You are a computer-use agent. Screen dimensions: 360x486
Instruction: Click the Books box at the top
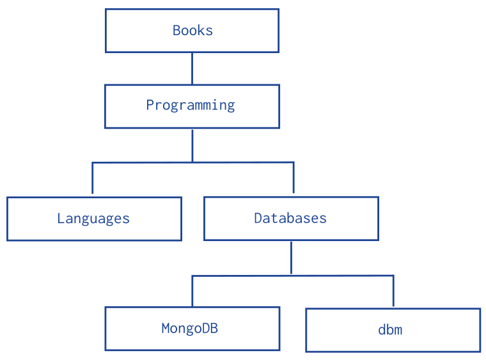(192, 30)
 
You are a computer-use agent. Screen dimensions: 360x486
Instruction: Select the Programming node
(192, 106)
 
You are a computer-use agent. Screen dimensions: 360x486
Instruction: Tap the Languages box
(94, 219)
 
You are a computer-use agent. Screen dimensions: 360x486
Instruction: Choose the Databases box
(291, 218)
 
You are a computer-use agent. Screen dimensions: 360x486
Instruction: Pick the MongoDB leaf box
(192, 329)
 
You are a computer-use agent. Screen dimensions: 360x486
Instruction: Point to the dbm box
(393, 330)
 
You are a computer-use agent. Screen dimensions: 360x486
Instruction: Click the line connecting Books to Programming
(192, 68)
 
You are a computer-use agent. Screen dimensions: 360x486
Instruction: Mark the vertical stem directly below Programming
(192, 145)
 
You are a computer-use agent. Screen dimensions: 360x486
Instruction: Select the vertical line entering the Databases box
(293, 178)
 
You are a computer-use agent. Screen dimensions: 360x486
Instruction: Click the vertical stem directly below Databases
(291, 257)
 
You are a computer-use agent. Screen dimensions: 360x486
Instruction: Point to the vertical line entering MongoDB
(192, 291)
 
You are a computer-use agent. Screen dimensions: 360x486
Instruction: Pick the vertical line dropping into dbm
(393, 292)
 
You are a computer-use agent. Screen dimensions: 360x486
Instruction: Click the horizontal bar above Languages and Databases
(192, 162)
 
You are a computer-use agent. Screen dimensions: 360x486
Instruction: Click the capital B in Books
(176, 30)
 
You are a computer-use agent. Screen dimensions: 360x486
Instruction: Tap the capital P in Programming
(150, 105)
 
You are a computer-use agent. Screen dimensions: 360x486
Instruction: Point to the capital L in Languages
(61, 219)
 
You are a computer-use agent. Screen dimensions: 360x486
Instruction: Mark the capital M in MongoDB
(165, 329)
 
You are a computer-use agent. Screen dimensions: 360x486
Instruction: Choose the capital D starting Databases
(258, 218)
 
